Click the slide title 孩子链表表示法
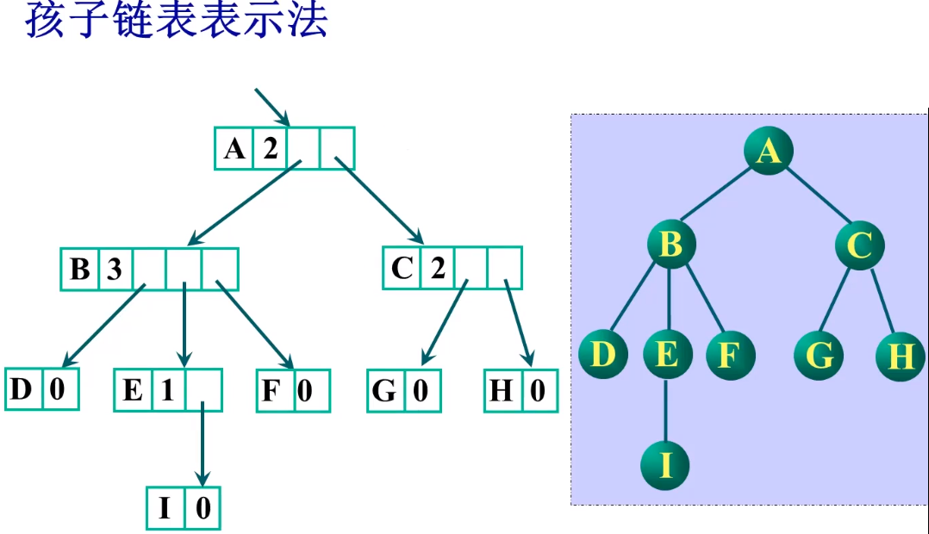(x=177, y=21)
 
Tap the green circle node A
(x=769, y=152)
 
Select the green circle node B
(x=671, y=245)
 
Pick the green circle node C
(x=859, y=245)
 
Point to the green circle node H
(x=901, y=356)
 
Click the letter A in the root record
(x=234, y=149)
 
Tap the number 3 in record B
(x=115, y=270)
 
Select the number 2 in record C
(x=437, y=269)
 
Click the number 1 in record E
(x=168, y=390)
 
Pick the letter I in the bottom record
(x=165, y=509)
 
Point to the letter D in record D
(x=22, y=389)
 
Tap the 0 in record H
(x=538, y=391)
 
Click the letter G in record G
(x=384, y=391)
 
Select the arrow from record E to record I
(x=202, y=444)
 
